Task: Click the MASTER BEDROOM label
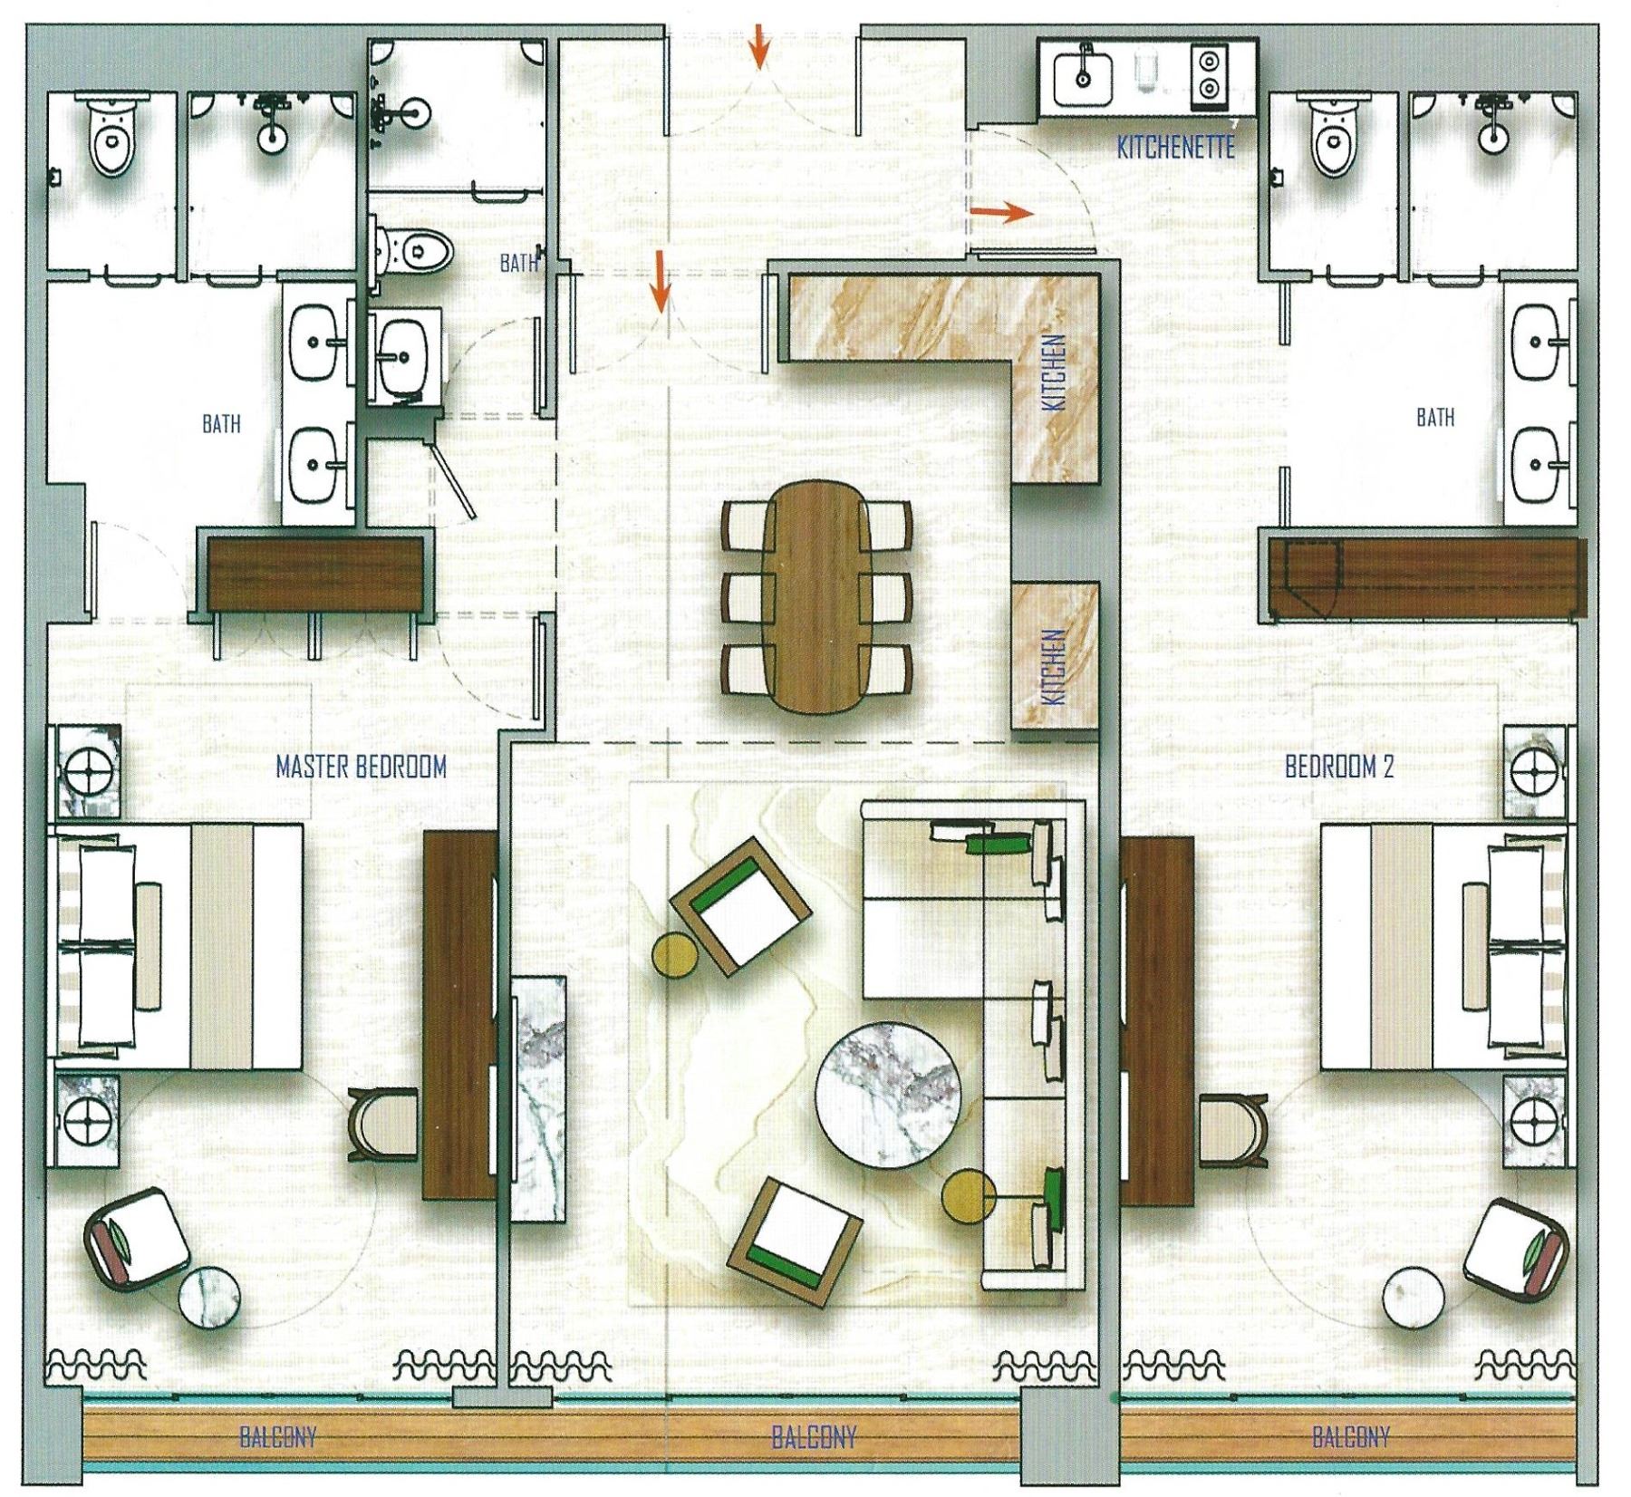click(361, 768)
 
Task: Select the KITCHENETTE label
click(1175, 147)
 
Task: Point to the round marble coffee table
click(888, 1098)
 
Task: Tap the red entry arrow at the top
click(759, 48)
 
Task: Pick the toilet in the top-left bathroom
click(112, 137)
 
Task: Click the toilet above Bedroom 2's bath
click(1331, 136)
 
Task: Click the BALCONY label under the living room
click(813, 1436)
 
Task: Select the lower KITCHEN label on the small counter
click(1054, 668)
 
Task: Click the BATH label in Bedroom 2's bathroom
click(1435, 417)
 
